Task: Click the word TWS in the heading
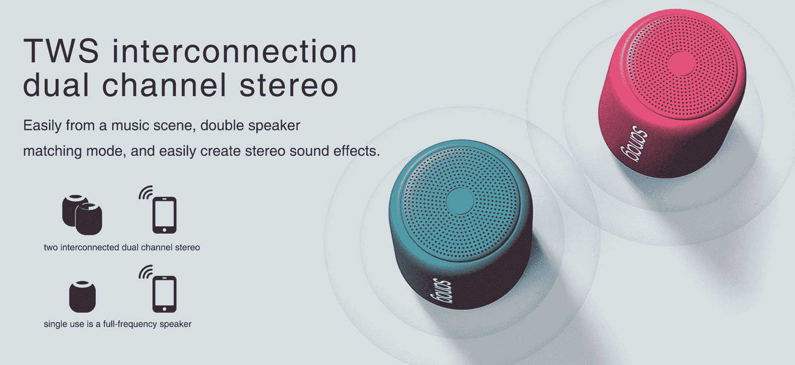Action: [61, 51]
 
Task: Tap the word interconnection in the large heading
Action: [234, 51]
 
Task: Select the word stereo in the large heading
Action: [289, 85]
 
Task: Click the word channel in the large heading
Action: [164, 85]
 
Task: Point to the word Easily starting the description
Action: [42, 126]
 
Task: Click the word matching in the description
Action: [47, 151]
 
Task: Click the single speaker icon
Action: [82, 296]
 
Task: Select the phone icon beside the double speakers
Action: [164, 215]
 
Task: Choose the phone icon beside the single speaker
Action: [164, 294]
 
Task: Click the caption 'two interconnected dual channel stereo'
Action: [122, 247]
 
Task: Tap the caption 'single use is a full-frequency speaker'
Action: [118, 324]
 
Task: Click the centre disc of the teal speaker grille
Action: [460, 200]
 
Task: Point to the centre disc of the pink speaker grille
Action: [681, 63]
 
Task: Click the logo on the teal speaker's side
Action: [441, 291]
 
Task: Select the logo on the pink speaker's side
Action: [635, 144]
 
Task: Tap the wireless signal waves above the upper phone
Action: [145, 192]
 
